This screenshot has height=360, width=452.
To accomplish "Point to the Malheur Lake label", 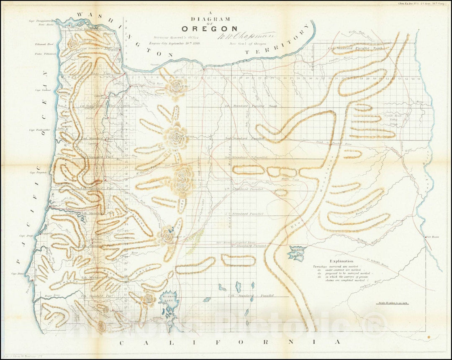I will (298, 250).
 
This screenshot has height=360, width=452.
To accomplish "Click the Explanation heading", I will (341, 261).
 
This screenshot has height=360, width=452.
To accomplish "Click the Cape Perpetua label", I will (38, 172).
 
